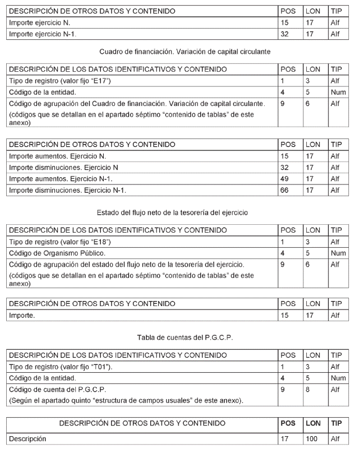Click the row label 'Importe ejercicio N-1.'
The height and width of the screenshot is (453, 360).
(x=41, y=34)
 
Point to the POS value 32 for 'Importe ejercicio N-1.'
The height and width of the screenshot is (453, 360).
(x=286, y=34)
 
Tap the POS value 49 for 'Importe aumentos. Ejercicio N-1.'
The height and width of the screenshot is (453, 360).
(x=286, y=178)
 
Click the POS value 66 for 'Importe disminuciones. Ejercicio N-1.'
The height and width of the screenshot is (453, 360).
(x=286, y=190)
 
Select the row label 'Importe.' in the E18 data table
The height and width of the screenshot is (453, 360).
(x=22, y=316)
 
